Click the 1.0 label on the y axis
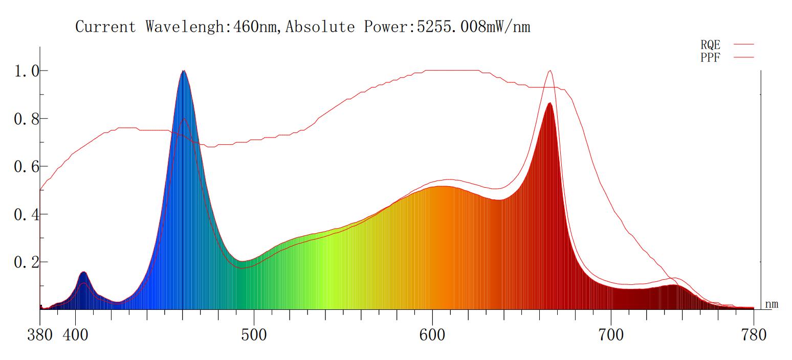click(26, 71)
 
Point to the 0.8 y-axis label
click(26, 119)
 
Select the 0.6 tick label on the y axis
click(26, 167)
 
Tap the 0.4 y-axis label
click(26, 214)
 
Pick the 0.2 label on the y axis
click(26, 262)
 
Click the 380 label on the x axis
click(39, 335)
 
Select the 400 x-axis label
click(75, 335)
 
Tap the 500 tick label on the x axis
click(254, 335)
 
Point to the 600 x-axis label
click(432, 335)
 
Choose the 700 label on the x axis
click(611, 335)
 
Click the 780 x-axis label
click(754, 335)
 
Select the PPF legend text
click(710, 58)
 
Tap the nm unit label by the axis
click(772, 304)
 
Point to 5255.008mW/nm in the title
click(473, 27)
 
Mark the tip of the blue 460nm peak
click(184, 71)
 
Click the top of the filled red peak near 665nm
click(549, 104)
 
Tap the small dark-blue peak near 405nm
click(83, 273)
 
